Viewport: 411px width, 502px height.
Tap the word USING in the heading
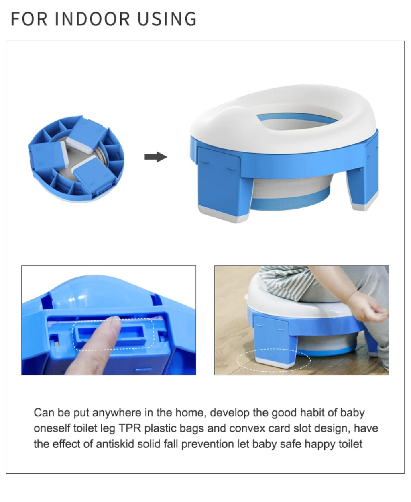pos(167,19)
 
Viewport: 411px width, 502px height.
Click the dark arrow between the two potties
pos(156,157)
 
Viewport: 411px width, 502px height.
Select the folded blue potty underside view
pos(76,158)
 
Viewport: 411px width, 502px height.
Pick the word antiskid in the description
pos(115,444)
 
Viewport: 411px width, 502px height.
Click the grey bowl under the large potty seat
pos(291,188)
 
